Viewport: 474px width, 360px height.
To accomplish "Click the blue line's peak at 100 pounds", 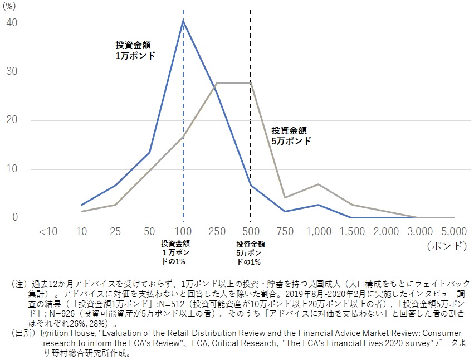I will (x=183, y=21).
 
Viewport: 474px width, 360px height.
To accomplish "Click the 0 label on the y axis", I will (x=16, y=217).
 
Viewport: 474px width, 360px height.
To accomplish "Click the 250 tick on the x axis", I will (x=217, y=231).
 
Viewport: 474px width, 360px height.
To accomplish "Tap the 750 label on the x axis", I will (x=285, y=231).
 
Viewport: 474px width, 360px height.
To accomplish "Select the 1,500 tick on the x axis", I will (x=353, y=231).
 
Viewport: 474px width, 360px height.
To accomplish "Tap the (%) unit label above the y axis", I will (x=12, y=6).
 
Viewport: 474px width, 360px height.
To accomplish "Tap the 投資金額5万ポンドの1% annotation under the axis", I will (x=250, y=252).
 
